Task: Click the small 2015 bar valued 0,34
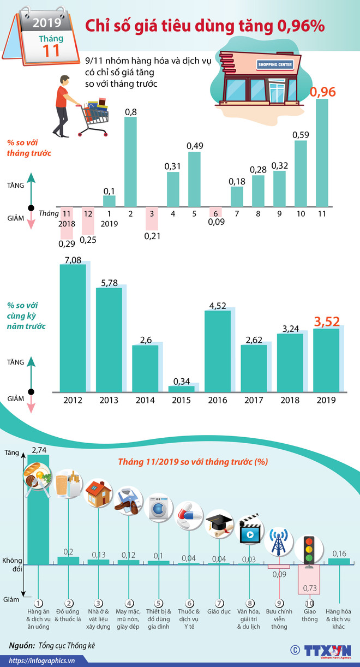(x=181, y=389)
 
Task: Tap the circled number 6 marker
(x=189, y=603)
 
